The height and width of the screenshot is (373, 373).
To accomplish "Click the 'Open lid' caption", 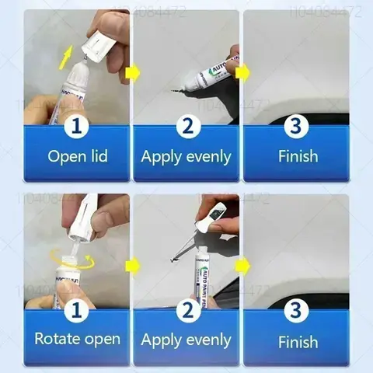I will [77, 156].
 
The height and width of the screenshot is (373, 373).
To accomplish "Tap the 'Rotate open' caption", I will [77, 339].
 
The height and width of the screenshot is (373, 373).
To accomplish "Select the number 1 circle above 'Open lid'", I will [77, 124].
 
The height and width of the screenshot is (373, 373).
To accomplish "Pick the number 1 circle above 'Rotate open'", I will [77, 310].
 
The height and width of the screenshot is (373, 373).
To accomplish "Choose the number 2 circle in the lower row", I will [186, 310].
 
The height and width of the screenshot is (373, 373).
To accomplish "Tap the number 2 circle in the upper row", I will [186, 124].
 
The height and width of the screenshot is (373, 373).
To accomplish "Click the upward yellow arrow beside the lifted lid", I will [67, 54].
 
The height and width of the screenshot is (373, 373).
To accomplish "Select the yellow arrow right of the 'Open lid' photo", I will [132, 75].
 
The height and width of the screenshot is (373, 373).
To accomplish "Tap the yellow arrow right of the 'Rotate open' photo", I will [132, 267].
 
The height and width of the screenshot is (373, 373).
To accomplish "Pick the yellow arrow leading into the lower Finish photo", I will [242, 267].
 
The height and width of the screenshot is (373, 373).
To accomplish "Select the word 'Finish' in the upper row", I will [298, 156].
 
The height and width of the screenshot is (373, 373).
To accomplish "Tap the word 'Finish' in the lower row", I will [298, 342].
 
